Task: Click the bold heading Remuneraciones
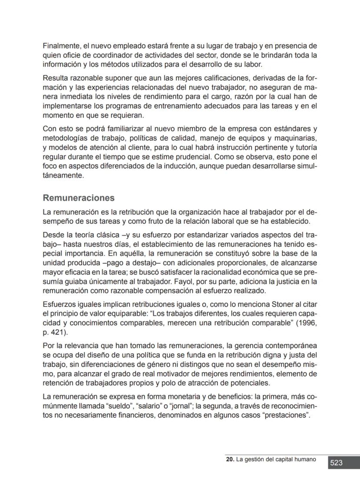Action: (x=79, y=198)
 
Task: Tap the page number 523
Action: (x=336, y=463)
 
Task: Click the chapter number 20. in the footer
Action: (x=230, y=460)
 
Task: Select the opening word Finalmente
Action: (x=61, y=46)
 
